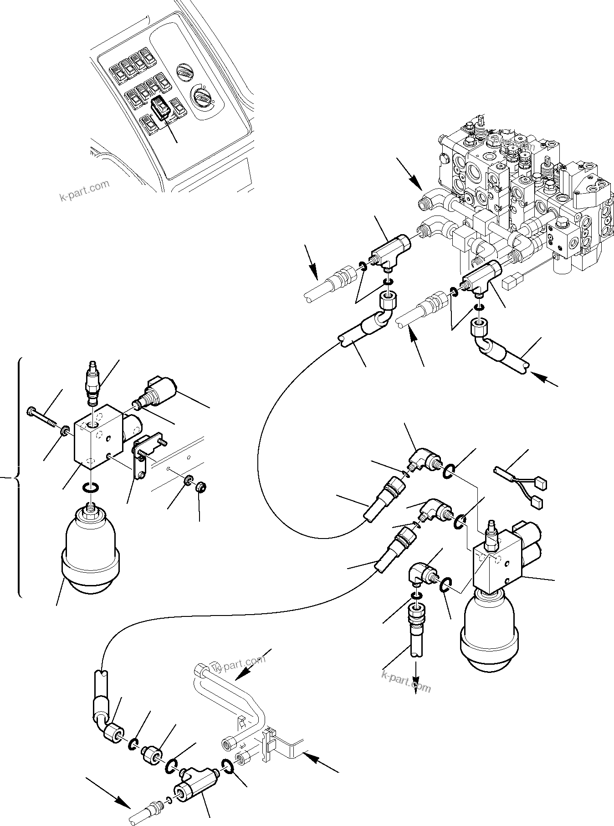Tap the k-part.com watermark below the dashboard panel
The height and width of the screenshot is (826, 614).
coord(85,190)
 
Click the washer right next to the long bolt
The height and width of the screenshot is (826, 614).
coord(65,430)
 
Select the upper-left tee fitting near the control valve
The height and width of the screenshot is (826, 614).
coord(390,249)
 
